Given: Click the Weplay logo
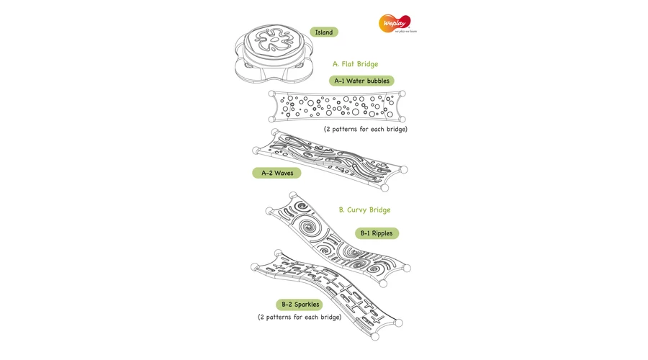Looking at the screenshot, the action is [397, 24].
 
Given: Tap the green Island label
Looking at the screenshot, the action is [324, 32].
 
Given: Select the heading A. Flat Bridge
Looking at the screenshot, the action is [356, 64].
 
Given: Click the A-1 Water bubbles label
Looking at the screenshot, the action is [361, 81].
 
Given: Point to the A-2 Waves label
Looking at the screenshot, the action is [277, 174].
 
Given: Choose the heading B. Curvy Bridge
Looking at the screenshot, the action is [364, 210].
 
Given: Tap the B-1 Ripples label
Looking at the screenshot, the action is [377, 233].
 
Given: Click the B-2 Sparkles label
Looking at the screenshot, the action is [300, 305].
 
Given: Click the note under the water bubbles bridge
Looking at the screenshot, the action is [365, 130].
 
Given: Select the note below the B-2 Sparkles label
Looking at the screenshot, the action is [300, 318].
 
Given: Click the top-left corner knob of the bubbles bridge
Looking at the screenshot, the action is [271, 94].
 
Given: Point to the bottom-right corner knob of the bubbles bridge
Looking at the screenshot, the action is [402, 120].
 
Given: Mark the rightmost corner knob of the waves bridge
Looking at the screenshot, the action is [404, 169].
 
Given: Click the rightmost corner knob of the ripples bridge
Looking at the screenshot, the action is [407, 269].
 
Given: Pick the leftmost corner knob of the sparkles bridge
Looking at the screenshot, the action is [255, 267].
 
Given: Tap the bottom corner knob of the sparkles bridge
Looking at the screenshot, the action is [375, 337].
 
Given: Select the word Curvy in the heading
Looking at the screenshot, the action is [356, 210].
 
